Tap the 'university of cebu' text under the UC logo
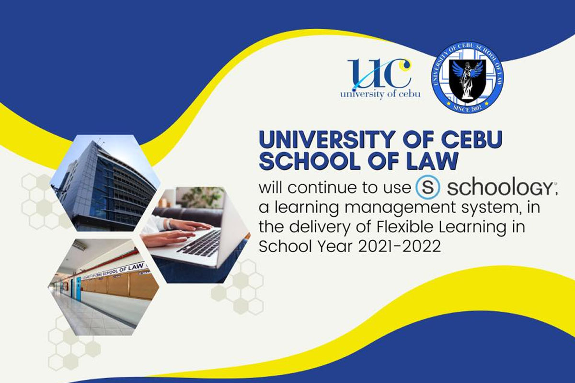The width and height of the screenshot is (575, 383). click(380, 94)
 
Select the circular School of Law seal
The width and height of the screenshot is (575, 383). click(468, 77)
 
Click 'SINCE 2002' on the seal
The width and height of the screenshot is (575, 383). click(467, 108)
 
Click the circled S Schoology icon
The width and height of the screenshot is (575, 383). click(427, 187)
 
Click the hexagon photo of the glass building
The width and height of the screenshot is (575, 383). click(105, 183)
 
